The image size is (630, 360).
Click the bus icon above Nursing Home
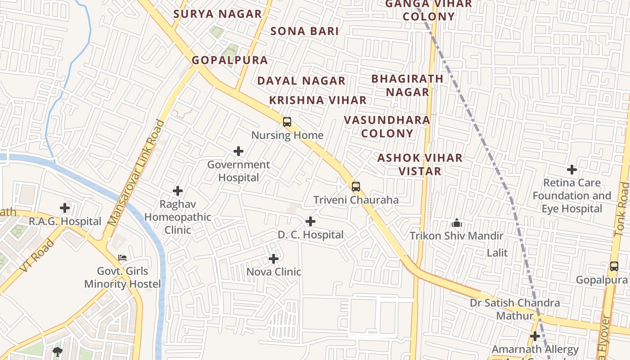click(x=287, y=121)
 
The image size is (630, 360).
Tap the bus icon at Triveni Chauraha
click(x=356, y=186)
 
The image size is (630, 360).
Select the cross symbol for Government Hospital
click(x=238, y=151)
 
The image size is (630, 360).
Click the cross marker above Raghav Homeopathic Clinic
click(x=178, y=191)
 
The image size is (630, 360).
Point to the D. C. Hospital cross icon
click(x=310, y=221)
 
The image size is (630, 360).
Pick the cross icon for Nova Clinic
click(x=274, y=259)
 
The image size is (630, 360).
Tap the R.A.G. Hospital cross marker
click(x=65, y=208)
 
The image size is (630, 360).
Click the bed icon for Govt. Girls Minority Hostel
click(x=122, y=258)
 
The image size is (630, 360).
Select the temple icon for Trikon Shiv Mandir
click(x=456, y=223)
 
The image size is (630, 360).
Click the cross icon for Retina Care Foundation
click(x=572, y=170)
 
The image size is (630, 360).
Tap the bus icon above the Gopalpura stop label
click(x=614, y=266)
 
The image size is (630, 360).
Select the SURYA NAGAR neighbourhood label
click(x=217, y=14)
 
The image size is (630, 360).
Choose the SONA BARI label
click(x=305, y=31)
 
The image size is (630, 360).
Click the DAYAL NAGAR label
click(x=301, y=81)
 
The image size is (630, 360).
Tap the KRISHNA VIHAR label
click(x=318, y=100)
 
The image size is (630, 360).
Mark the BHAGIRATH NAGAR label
click(x=407, y=85)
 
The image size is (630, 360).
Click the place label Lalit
click(x=497, y=253)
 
